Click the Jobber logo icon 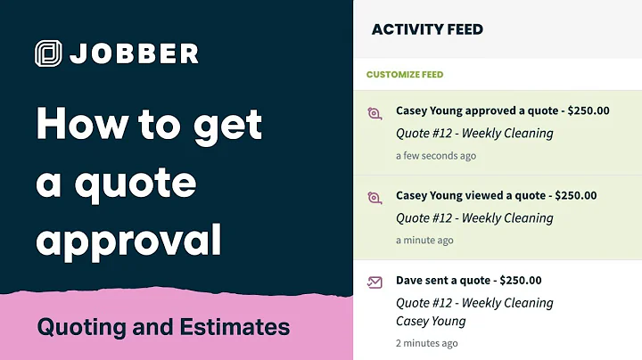point(49,53)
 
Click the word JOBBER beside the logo point(133,53)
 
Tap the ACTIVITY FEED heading point(427,29)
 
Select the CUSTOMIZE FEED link point(404,75)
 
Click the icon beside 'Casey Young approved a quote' point(374,113)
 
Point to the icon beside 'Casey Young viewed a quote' point(374,198)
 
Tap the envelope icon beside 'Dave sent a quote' point(374,282)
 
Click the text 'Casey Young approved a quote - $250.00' point(502,111)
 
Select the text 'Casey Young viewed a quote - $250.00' point(497,196)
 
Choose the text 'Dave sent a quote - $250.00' point(468,281)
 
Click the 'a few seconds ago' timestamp point(436,156)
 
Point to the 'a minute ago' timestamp point(424,241)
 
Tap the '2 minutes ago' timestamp point(427,343)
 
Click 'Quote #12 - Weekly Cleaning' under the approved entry point(474,134)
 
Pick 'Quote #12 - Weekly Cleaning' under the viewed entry point(474,218)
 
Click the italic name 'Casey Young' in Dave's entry point(432,322)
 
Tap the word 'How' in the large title point(75,125)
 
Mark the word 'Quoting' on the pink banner point(75,327)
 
